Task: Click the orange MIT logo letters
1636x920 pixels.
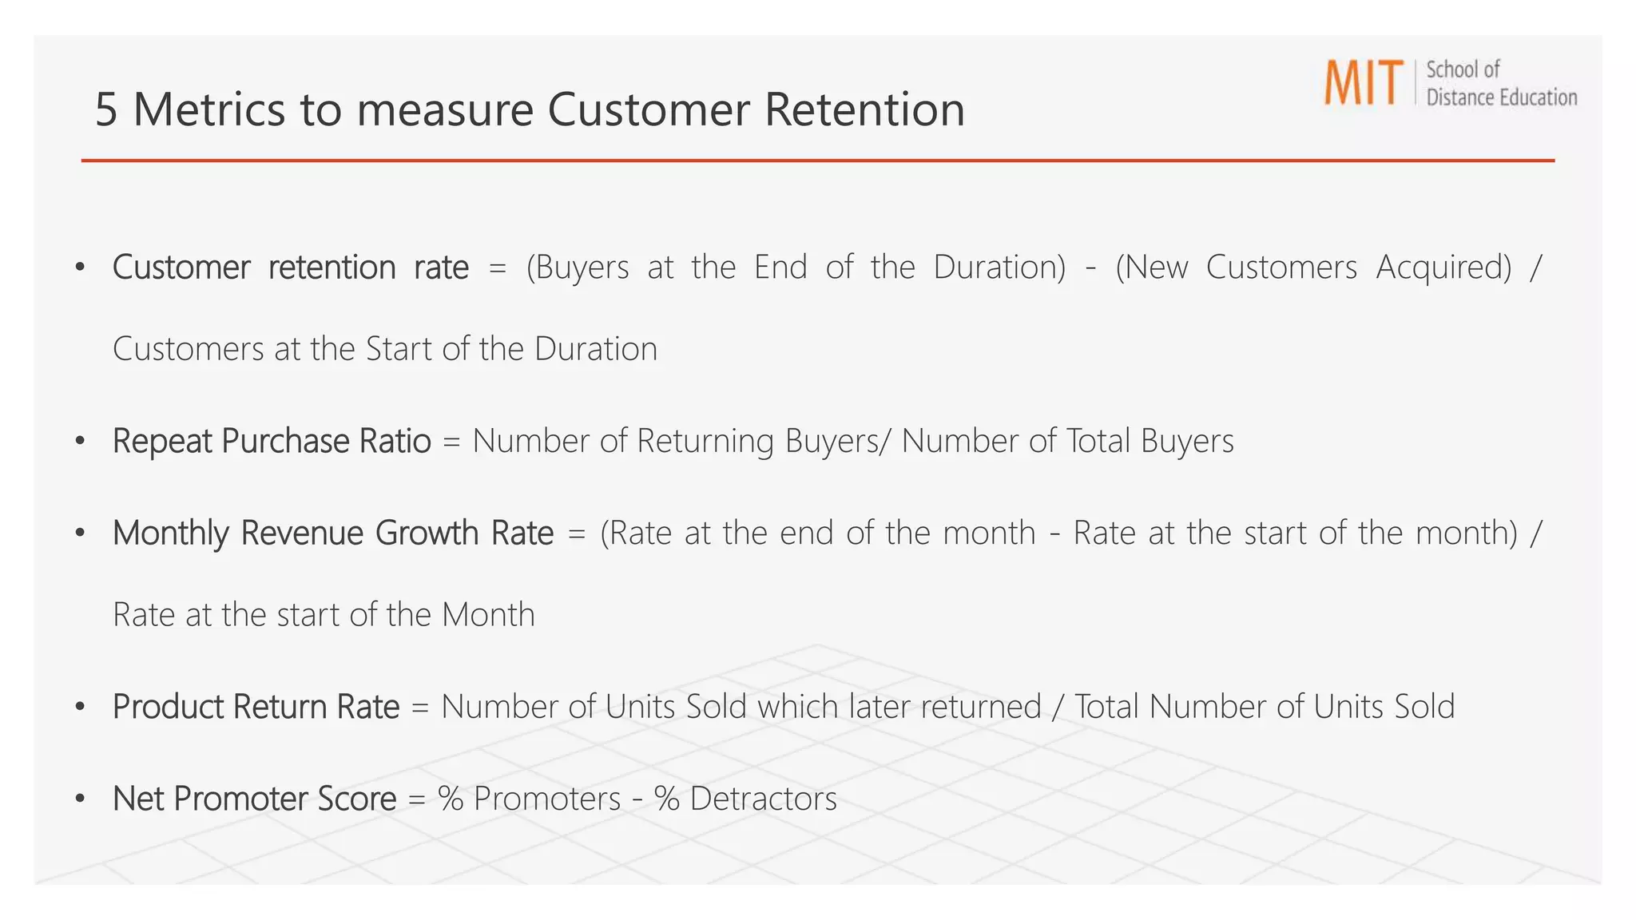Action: (x=1363, y=82)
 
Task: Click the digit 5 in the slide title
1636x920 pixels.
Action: (x=106, y=109)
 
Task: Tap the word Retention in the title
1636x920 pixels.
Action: (x=864, y=109)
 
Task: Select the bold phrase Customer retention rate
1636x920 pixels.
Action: (x=290, y=268)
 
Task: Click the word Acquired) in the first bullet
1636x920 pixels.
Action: (x=1443, y=268)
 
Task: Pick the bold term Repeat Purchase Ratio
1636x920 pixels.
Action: (x=272, y=441)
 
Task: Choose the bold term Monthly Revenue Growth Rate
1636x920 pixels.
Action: (x=333, y=533)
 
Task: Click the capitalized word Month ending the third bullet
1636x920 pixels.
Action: (x=488, y=615)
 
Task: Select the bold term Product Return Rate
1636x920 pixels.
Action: (x=256, y=707)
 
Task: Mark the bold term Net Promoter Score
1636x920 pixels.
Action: (x=254, y=799)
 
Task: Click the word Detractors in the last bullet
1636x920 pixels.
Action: (x=763, y=799)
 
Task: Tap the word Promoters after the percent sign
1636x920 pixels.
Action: (x=547, y=799)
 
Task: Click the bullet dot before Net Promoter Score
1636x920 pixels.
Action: (x=80, y=799)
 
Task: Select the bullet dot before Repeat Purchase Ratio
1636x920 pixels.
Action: (x=80, y=441)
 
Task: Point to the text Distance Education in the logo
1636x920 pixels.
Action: (x=1501, y=97)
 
